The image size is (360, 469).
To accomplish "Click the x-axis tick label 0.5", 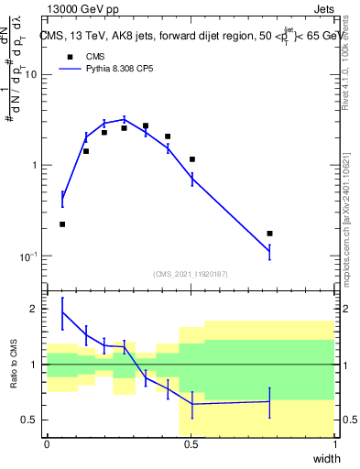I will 191,443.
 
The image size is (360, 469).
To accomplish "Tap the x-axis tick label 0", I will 47,443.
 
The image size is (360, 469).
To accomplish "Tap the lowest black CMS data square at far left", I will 62,224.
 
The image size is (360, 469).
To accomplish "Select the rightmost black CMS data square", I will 269,234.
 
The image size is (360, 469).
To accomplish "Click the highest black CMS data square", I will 146,125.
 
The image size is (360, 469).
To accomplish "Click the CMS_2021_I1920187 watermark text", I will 191,274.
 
